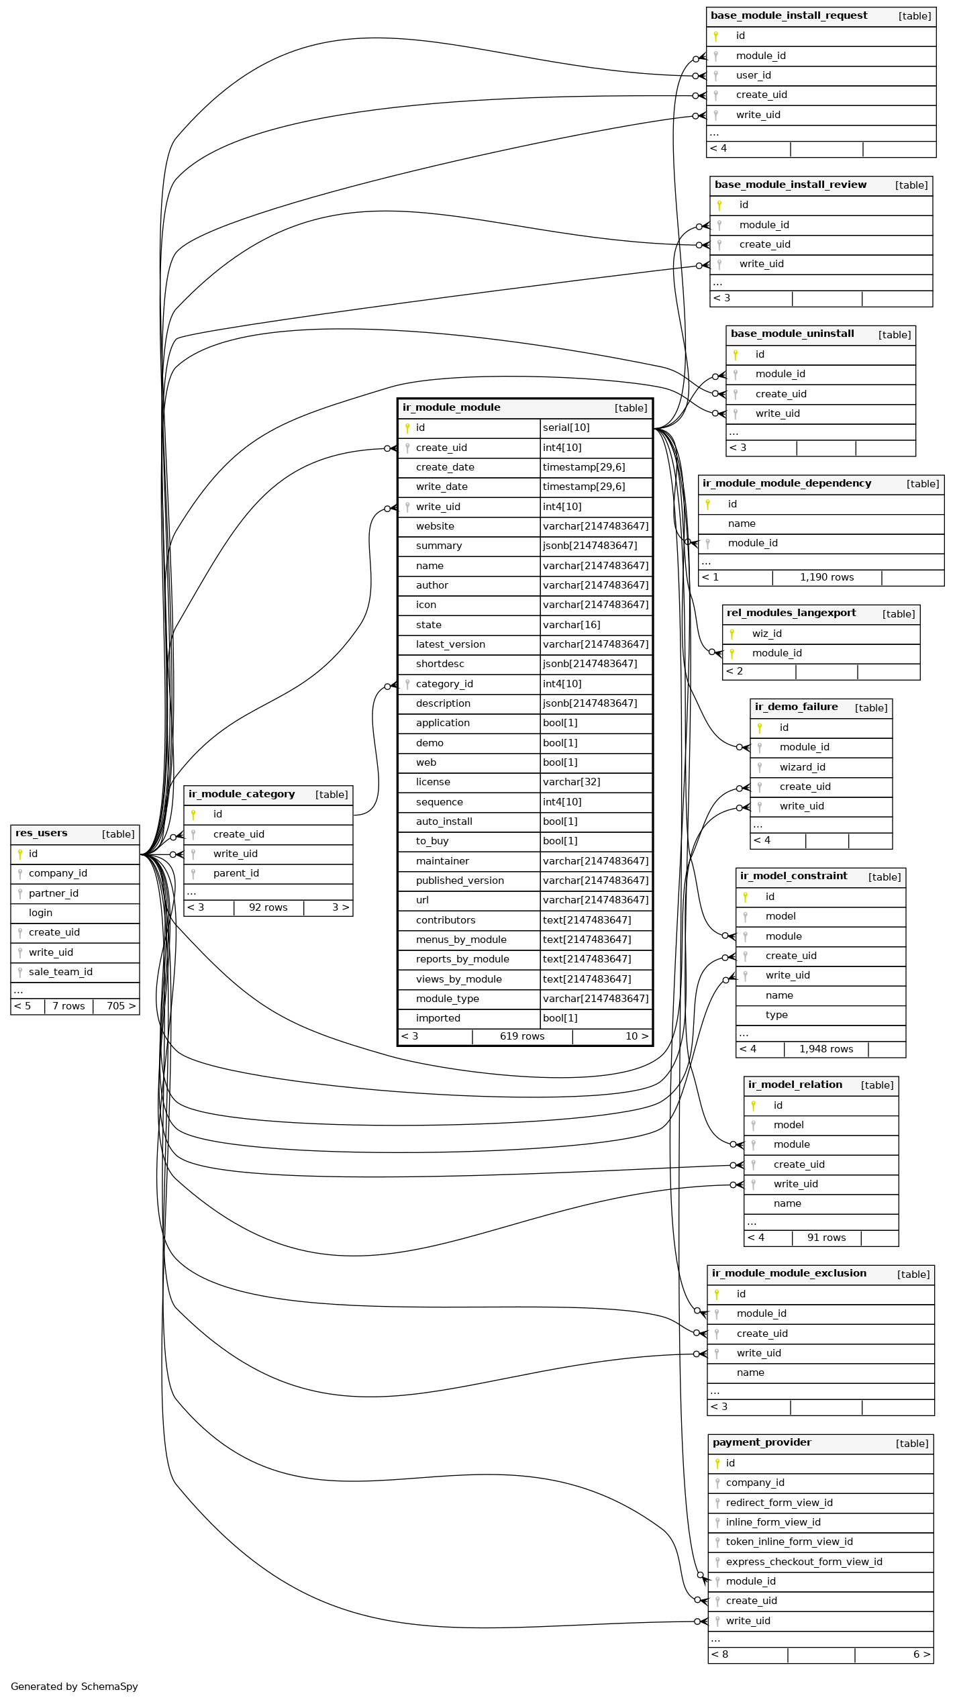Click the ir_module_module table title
tap(451, 408)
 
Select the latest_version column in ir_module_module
tap(450, 645)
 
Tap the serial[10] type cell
tap(566, 428)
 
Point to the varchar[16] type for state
tap(571, 626)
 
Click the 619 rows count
tap(522, 1037)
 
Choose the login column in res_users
tap(40, 913)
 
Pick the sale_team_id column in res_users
tap(60, 972)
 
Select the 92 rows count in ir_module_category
tap(268, 908)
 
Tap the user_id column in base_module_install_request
tap(753, 76)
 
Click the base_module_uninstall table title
tap(792, 334)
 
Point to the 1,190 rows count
tap(826, 578)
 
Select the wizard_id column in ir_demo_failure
tap(802, 768)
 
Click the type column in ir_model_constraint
tap(776, 1015)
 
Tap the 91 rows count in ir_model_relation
tap(826, 1238)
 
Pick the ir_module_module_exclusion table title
tap(789, 1274)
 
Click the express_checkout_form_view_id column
tap(803, 1562)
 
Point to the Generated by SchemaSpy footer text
tap(74, 1687)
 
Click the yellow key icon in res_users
tap(20, 854)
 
